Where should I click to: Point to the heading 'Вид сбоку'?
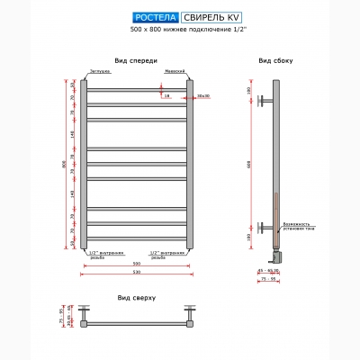[274, 61]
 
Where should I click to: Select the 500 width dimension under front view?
[137, 266]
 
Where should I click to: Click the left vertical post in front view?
[85, 167]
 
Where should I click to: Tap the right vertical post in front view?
[190, 167]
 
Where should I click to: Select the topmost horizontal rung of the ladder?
[137, 88]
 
